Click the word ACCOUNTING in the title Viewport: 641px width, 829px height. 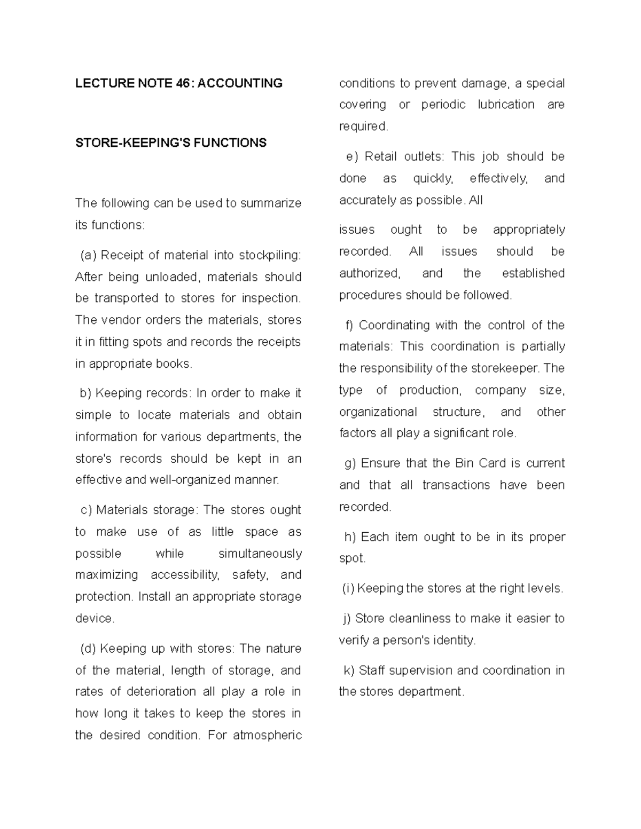pyautogui.click(x=240, y=83)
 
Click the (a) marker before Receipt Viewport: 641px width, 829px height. pyautogui.click(x=88, y=255)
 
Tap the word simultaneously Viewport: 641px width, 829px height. pyautogui.click(x=260, y=554)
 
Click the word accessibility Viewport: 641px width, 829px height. pyautogui.click(x=185, y=575)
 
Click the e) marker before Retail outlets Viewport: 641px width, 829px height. pyautogui.click(x=350, y=156)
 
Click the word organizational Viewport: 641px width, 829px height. pyautogui.click(x=378, y=412)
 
